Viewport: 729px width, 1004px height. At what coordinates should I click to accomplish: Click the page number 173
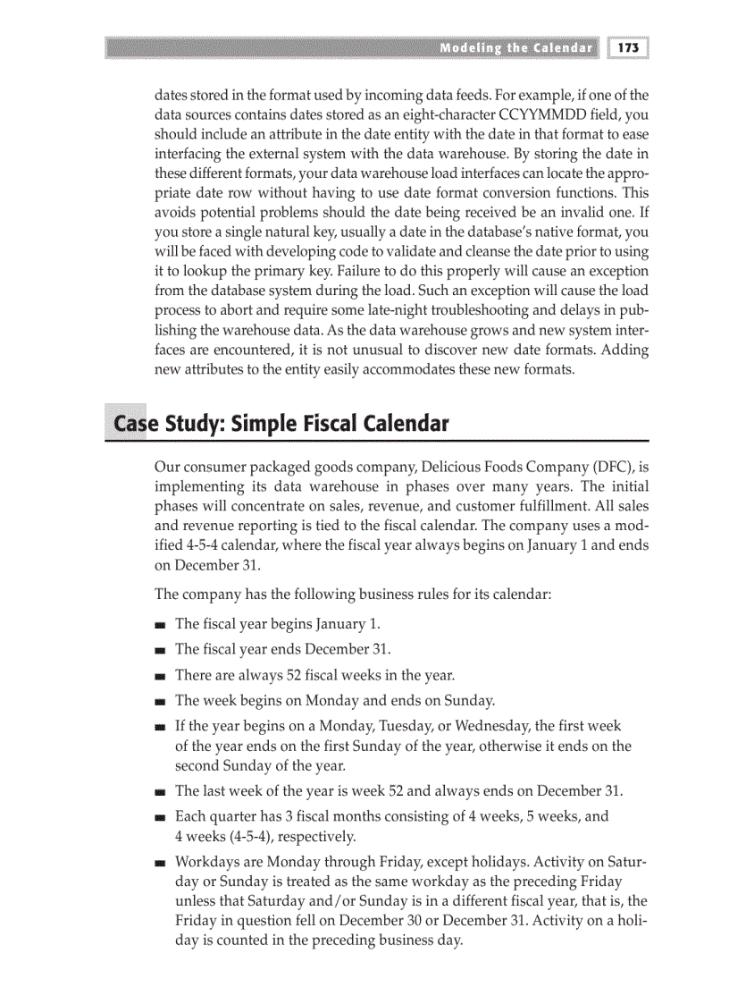(x=629, y=48)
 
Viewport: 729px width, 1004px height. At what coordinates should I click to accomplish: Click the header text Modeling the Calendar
(x=515, y=48)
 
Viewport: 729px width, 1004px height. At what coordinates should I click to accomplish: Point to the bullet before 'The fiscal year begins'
(x=160, y=625)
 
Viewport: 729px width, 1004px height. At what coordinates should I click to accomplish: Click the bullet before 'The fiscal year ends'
(x=160, y=650)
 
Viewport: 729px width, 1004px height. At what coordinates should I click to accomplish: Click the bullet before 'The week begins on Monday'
(x=160, y=701)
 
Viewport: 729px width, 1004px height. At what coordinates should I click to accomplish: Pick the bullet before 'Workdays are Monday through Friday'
(x=160, y=863)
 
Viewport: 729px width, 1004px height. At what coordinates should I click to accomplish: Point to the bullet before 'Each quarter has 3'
(x=160, y=816)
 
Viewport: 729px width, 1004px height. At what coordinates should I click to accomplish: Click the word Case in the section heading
(x=131, y=423)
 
